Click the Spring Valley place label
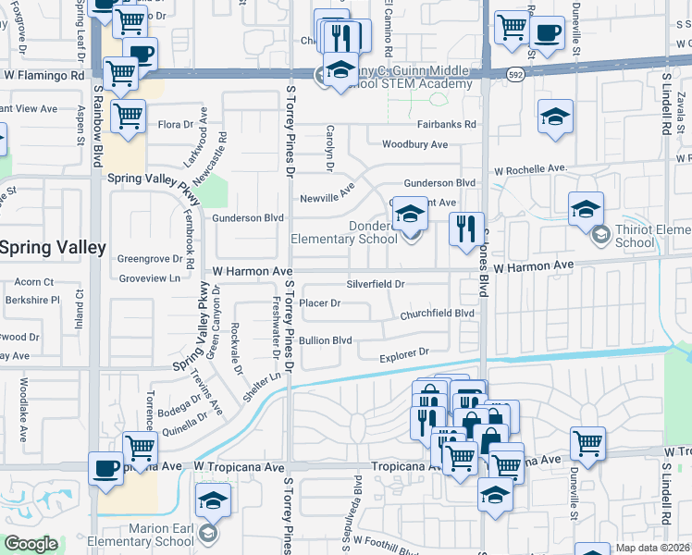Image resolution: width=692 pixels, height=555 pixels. point(53,248)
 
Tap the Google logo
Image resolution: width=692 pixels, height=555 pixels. point(31,544)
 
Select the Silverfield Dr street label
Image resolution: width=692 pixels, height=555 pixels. point(376,284)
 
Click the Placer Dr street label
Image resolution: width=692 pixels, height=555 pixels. point(321,303)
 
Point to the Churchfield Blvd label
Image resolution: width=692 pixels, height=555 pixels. point(437,314)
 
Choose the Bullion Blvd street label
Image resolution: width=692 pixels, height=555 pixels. point(326,340)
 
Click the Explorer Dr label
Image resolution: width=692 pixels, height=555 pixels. point(405,352)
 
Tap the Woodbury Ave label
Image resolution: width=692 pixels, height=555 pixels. point(414,145)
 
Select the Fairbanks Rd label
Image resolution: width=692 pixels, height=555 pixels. point(446,124)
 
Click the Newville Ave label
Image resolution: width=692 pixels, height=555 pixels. point(327,198)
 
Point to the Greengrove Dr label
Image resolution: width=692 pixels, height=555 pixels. point(149,259)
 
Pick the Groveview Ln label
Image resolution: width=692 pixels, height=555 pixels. point(149,277)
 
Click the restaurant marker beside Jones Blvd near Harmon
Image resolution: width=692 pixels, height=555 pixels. point(466,228)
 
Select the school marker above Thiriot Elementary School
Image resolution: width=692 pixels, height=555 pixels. point(586,210)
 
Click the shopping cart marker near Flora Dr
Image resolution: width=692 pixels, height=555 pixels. point(128,117)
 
